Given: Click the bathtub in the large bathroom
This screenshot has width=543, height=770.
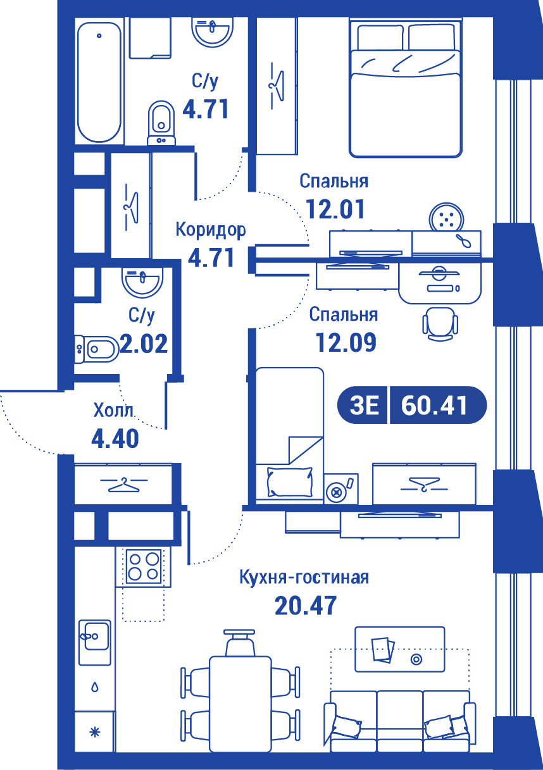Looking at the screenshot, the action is (99, 82).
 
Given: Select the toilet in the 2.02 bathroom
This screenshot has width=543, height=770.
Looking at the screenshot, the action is (97, 349).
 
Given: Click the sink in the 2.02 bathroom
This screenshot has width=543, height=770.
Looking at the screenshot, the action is (142, 283).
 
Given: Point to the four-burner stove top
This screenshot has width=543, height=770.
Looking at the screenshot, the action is (144, 566).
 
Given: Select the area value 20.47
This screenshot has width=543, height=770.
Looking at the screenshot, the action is (306, 605).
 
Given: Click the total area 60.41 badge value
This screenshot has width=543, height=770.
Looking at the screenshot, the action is (434, 406).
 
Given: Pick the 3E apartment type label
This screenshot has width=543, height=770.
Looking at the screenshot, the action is (364, 406).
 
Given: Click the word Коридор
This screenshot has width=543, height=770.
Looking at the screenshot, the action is (211, 230).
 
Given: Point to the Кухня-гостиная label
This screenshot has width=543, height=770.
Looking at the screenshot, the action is (304, 577).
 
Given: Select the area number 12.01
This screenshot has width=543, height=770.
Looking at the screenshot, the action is (335, 209).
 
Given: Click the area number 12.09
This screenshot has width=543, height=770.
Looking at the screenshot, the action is (346, 342).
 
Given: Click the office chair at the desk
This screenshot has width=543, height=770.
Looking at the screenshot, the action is (440, 324).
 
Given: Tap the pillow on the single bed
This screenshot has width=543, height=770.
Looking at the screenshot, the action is (290, 481).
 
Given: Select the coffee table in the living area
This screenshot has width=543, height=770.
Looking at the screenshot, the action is (399, 649).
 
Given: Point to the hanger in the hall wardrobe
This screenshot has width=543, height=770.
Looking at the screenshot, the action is (124, 485).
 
